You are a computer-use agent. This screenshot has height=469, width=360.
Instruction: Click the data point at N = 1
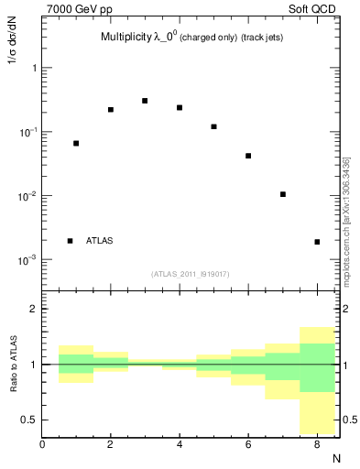coord(76,143)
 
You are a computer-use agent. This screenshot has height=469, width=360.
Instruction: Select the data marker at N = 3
coord(145,101)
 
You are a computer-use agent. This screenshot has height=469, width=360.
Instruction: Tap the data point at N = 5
coord(213,126)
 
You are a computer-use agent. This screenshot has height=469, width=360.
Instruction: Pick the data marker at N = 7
coord(283,194)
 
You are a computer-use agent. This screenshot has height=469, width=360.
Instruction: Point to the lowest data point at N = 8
coord(317,242)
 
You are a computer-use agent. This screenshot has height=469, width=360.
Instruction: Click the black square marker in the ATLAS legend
coord(70,241)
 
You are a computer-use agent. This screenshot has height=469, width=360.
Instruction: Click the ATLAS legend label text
coord(100,241)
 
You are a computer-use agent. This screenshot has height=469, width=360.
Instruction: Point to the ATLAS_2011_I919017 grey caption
coord(191,274)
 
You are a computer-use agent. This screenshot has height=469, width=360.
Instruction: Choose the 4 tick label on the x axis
coord(180,444)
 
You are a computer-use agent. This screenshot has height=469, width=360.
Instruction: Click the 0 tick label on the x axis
coord(42,444)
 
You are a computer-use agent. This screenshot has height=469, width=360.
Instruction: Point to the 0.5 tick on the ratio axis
coord(29,420)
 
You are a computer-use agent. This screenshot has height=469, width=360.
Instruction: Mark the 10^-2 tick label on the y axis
coord(27,196)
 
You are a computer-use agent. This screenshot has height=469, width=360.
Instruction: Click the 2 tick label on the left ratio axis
coord(32,309)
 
